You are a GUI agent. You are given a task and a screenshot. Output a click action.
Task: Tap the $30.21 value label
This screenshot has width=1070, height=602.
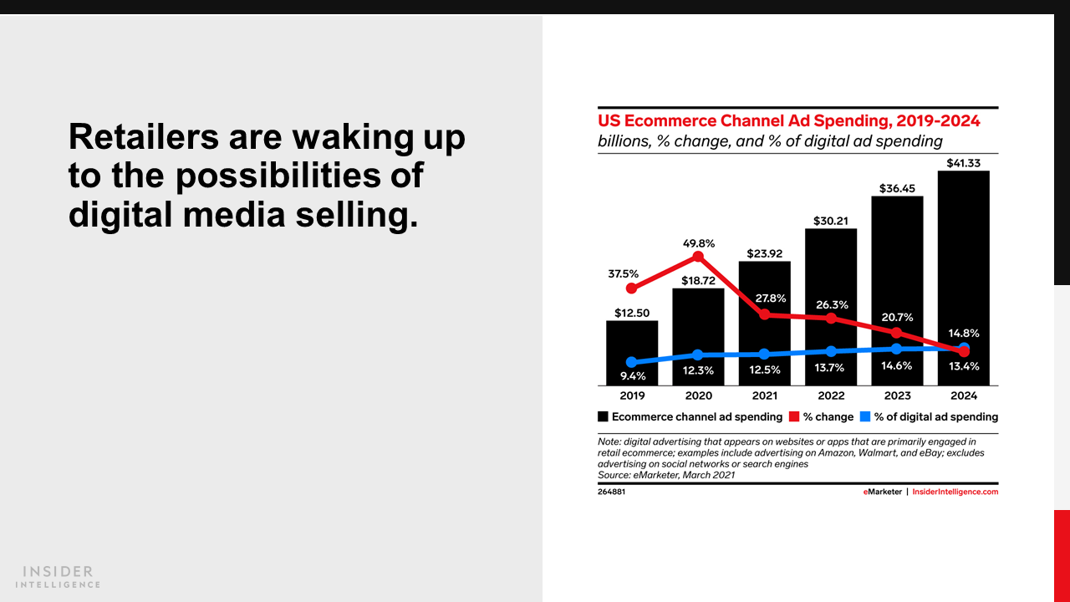pyautogui.click(x=831, y=221)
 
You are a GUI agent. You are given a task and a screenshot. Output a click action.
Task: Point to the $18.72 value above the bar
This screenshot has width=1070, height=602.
pyautogui.click(x=698, y=281)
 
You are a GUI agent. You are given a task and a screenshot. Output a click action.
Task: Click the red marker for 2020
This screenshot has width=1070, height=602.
pyautogui.click(x=698, y=257)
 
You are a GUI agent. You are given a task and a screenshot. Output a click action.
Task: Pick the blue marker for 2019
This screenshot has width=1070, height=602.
pyautogui.click(x=631, y=363)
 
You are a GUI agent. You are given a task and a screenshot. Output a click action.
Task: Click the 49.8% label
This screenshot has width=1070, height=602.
pyautogui.click(x=698, y=243)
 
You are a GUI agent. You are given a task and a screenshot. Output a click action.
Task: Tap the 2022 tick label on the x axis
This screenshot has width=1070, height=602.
pyautogui.click(x=831, y=395)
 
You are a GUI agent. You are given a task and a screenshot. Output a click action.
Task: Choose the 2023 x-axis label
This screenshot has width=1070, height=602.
pyautogui.click(x=897, y=395)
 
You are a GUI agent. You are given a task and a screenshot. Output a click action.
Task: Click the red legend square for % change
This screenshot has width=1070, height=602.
pyautogui.click(x=794, y=416)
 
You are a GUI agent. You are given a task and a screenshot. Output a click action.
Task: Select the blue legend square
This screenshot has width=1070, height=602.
pyautogui.click(x=865, y=416)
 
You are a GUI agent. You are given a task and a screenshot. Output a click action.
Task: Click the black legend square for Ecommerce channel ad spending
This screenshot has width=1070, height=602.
pyautogui.click(x=603, y=416)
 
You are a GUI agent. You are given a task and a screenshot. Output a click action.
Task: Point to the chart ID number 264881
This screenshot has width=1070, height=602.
pyautogui.click(x=611, y=492)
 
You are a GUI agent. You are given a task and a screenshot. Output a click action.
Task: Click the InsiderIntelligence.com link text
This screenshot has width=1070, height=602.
pyautogui.click(x=955, y=492)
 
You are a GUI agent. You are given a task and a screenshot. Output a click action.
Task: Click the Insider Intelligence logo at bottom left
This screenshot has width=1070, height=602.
pyautogui.click(x=59, y=576)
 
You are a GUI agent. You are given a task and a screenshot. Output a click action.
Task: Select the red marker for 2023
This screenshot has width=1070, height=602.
pyautogui.click(x=897, y=333)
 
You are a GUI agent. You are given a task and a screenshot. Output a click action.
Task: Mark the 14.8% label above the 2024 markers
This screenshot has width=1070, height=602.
pyautogui.click(x=963, y=333)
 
